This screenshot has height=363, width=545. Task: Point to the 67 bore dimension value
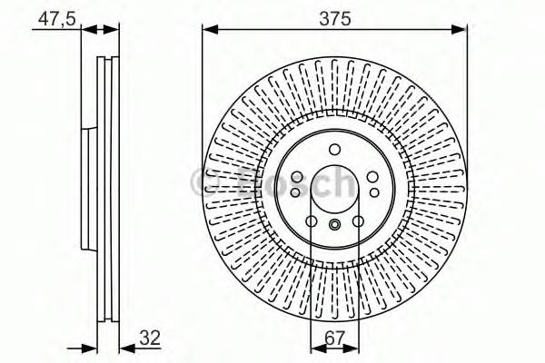(335, 338)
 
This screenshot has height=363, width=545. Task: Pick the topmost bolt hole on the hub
(334, 150)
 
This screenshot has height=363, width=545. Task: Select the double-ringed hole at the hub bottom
(334, 225)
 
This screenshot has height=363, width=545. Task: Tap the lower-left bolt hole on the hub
(312, 221)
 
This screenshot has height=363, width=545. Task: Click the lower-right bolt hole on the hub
(357, 221)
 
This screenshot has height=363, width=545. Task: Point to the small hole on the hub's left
(295, 191)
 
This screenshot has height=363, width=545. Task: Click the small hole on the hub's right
(373, 191)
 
